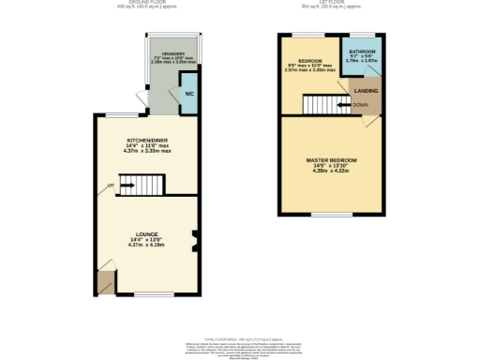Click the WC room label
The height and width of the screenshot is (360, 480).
pyautogui.click(x=187, y=94)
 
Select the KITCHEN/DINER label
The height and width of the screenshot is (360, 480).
pyautogui.click(x=147, y=140)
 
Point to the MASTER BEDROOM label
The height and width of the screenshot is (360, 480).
pyautogui.click(x=331, y=160)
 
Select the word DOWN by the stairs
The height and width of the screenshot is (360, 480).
pyautogui.click(x=359, y=105)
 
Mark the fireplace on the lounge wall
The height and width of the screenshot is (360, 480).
pyautogui.click(x=194, y=242)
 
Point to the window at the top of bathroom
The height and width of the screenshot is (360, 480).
pyautogui.click(x=362, y=36)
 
